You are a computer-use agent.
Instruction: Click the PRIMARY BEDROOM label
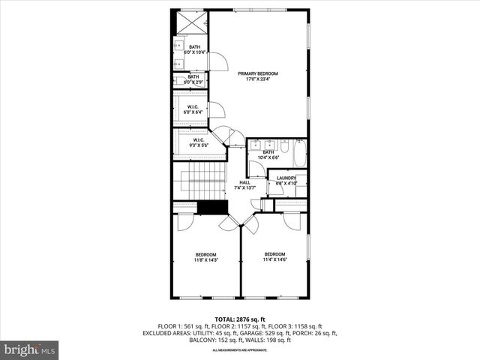pos(258,73)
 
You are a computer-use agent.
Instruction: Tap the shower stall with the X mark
pos(190,23)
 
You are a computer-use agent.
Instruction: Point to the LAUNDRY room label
pos(287,178)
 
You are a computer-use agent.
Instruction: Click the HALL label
pos(244,182)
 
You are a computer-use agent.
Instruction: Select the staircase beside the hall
pos(199,184)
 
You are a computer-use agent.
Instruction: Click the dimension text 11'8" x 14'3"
pos(206,260)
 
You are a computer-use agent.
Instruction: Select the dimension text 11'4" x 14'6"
pos(274,260)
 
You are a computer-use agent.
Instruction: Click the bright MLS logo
pos(30,349)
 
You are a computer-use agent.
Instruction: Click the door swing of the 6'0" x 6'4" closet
pos(217,111)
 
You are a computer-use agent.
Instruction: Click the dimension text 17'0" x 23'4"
pos(258,79)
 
